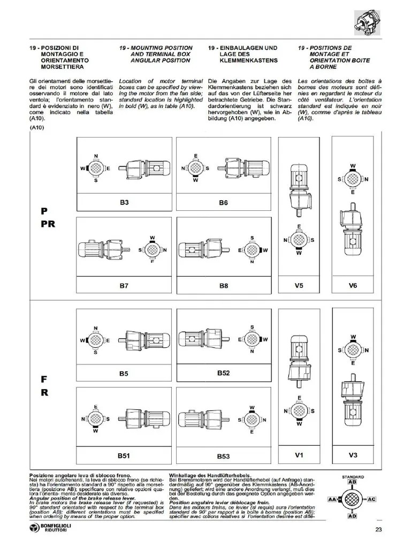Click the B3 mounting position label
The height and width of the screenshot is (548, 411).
point(124,203)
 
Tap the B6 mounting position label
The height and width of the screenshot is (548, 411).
point(224,203)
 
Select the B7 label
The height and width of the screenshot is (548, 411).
point(124,286)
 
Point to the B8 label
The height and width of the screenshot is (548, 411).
point(224,286)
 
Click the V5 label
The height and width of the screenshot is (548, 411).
point(299,286)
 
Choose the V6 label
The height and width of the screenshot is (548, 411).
point(353,286)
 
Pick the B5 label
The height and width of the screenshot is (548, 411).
point(124,373)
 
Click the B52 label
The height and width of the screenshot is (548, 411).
point(224,372)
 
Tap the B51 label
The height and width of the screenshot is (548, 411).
point(124,456)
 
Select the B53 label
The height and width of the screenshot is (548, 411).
point(224,456)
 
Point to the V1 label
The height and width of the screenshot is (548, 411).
point(299,455)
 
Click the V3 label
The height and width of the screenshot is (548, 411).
point(353,455)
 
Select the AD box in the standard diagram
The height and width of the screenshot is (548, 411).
point(352,516)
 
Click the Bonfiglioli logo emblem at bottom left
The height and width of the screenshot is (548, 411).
point(36,530)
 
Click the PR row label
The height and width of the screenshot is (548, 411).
point(48,224)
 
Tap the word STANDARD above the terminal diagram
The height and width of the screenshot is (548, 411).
point(353,476)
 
